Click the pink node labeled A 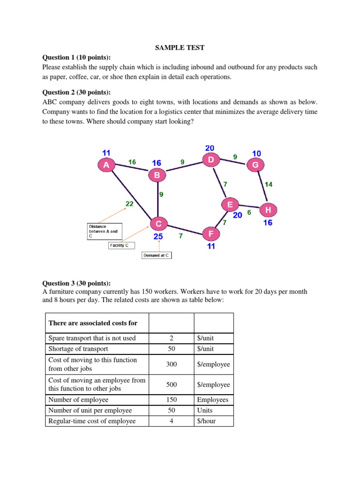click(x=106, y=165)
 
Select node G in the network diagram click(x=255, y=165)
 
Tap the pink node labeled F click(x=211, y=233)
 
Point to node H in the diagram click(x=268, y=210)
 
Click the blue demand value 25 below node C click(x=158, y=237)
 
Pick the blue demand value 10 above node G click(x=257, y=153)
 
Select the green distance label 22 click(x=130, y=203)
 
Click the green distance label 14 click(x=268, y=184)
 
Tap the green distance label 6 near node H click(x=249, y=212)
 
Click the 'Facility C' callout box click(x=121, y=245)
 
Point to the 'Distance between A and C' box click(x=104, y=231)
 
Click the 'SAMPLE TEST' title click(x=180, y=47)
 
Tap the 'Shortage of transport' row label click(x=78, y=348)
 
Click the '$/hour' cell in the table click(x=206, y=420)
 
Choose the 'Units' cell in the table click(x=205, y=410)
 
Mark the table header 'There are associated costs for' click(x=92, y=323)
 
